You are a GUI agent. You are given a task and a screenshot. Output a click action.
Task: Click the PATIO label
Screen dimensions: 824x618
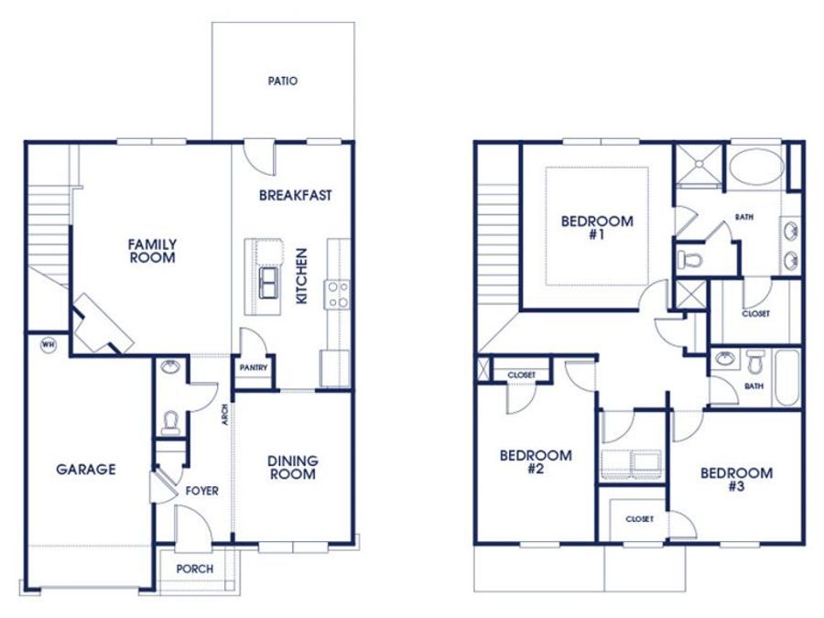pyautogui.click(x=283, y=81)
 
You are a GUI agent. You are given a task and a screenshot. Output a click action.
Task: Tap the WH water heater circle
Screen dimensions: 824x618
pyautogui.click(x=49, y=345)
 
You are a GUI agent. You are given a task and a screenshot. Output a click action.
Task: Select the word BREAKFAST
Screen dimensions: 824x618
pyautogui.click(x=296, y=196)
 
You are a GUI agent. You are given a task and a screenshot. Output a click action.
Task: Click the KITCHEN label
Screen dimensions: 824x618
pyautogui.click(x=301, y=276)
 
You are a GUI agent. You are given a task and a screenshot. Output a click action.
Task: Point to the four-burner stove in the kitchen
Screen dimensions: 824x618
pyautogui.click(x=337, y=295)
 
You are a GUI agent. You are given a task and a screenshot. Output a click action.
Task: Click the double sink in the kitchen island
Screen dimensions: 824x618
pyautogui.click(x=269, y=282)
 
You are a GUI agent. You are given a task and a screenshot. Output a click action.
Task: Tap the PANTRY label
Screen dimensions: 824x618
pyautogui.click(x=254, y=368)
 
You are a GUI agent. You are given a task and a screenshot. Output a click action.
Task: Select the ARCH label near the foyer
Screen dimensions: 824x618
pyautogui.click(x=225, y=414)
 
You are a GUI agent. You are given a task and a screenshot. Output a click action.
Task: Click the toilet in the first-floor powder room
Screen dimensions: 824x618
pyautogui.click(x=170, y=423)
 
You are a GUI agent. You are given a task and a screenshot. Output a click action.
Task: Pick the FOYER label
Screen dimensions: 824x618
pyautogui.click(x=201, y=491)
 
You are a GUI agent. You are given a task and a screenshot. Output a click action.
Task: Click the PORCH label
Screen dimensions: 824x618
pyautogui.click(x=195, y=569)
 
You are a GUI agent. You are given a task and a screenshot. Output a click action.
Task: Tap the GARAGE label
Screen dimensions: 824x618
pyautogui.click(x=86, y=470)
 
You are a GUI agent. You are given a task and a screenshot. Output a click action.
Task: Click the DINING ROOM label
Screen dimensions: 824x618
pyautogui.click(x=293, y=468)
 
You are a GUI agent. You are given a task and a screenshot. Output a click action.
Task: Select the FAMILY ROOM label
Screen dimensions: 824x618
pyautogui.click(x=152, y=251)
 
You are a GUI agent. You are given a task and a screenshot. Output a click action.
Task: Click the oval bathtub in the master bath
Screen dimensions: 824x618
pyautogui.click(x=756, y=166)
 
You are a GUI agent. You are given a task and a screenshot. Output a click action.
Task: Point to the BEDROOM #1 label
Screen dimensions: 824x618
pyautogui.click(x=597, y=228)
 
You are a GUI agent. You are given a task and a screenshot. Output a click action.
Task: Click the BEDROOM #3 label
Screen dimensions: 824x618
pyautogui.click(x=737, y=479)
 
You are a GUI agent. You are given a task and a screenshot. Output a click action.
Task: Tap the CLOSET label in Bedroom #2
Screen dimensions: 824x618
pyautogui.click(x=522, y=375)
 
